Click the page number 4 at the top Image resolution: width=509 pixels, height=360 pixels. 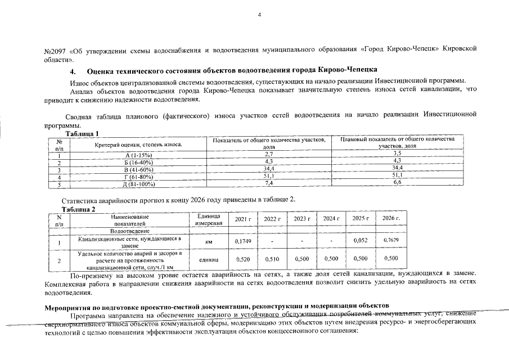260,15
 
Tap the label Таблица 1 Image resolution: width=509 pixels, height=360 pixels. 82,133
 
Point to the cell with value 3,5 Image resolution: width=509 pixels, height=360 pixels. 397,153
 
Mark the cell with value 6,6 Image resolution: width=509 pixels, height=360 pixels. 397,182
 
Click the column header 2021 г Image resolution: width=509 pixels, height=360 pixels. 242,219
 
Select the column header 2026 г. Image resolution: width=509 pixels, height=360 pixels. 390,218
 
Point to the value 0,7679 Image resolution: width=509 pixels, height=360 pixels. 390,241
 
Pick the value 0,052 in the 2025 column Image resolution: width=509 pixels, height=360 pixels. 360,241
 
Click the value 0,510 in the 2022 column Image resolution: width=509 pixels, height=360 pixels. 272,259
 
